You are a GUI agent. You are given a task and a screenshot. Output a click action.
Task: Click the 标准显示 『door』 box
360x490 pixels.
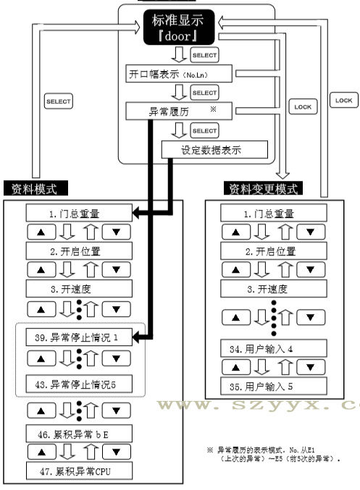(x=175, y=27)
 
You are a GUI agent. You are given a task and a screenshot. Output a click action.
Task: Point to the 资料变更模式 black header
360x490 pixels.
(x=264, y=190)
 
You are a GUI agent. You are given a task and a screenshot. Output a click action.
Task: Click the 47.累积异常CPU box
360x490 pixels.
(x=75, y=471)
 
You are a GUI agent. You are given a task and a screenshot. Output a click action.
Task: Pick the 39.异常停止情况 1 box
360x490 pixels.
(x=75, y=338)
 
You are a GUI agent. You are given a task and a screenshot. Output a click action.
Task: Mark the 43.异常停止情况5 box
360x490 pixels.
(x=75, y=384)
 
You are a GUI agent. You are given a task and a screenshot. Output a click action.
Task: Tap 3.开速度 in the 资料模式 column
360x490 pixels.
(x=75, y=287)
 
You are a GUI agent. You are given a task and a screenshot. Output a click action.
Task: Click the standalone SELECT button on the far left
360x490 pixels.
(x=58, y=101)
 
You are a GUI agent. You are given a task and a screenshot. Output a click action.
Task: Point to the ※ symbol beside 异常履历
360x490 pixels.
(x=213, y=108)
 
